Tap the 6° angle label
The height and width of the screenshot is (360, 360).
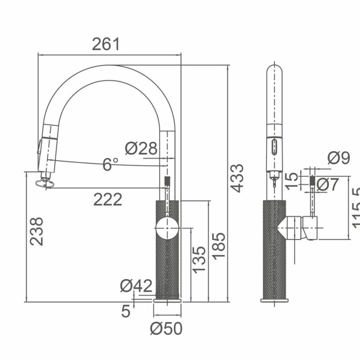tap(110, 164)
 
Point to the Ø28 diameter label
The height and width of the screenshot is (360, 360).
tap(141, 148)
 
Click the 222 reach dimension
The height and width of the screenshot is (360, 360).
tap(108, 199)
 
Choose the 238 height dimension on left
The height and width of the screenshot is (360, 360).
tap(37, 231)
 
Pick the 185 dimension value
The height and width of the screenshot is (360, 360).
tap(219, 246)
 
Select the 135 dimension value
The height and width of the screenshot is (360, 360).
tap(199, 259)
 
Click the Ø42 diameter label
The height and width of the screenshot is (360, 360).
tap(136, 286)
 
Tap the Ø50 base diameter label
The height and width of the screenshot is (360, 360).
tap(166, 329)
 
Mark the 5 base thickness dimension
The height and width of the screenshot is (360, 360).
tap(126, 310)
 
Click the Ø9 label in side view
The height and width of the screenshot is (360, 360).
tap(338, 157)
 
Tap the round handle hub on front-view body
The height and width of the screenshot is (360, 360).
tap(167, 228)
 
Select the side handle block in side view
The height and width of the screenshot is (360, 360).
tap(310, 227)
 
